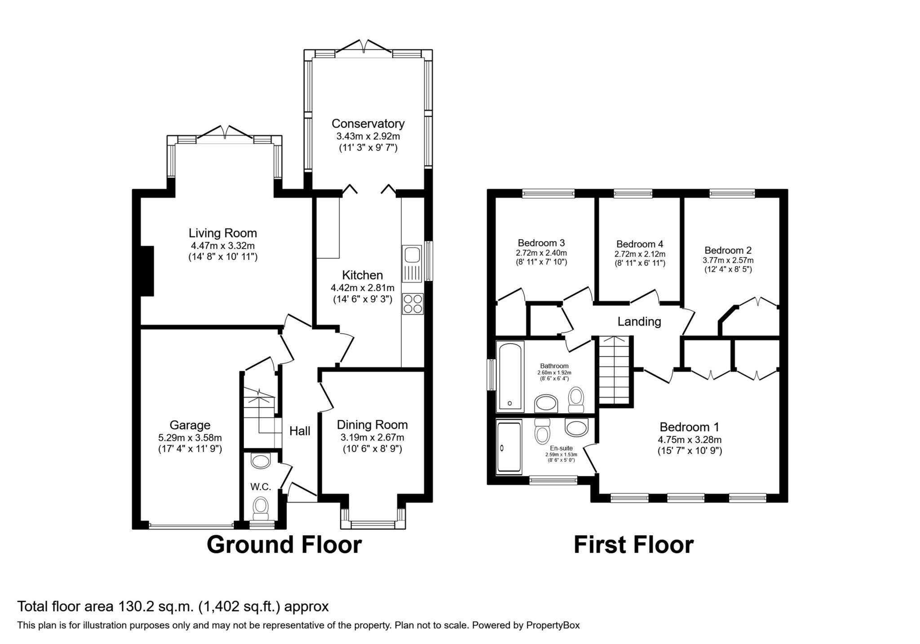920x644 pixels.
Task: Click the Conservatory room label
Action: click(x=368, y=123)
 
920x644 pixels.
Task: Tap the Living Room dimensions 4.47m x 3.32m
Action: click(x=223, y=246)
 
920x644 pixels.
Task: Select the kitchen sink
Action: click(x=412, y=264)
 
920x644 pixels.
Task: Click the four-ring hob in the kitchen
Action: click(x=412, y=304)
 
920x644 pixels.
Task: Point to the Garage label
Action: click(x=190, y=425)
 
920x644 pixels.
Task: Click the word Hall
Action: click(x=300, y=431)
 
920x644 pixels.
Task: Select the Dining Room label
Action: click(x=372, y=425)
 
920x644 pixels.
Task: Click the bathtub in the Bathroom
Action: click(x=510, y=377)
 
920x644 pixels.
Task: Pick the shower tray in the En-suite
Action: click(x=509, y=447)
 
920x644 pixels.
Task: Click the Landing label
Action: click(x=639, y=322)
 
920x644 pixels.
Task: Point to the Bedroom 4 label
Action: click(x=640, y=244)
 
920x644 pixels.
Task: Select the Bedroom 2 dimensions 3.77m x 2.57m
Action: click(x=728, y=260)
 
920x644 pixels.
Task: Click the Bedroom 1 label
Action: click(x=690, y=427)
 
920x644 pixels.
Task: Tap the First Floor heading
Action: click(x=633, y=545)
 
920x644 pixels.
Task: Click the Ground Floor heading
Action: click(x=284, y=545)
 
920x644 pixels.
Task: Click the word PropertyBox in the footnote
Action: click(x=553, y=625)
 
